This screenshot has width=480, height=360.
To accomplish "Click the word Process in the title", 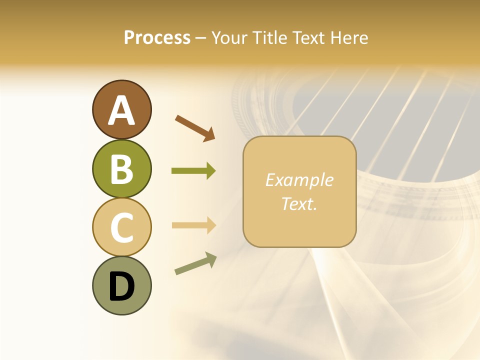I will [157, 38].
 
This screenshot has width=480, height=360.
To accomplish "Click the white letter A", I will [121, 111].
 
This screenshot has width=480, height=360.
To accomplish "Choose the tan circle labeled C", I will [121, 227].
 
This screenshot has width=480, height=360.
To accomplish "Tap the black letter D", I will [121, 287].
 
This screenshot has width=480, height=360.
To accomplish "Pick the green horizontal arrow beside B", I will [193, 171].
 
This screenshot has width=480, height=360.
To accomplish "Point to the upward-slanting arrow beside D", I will [195, 264].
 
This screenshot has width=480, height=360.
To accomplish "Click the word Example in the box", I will [299, 180].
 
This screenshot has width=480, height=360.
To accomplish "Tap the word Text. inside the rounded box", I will [299, 203].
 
